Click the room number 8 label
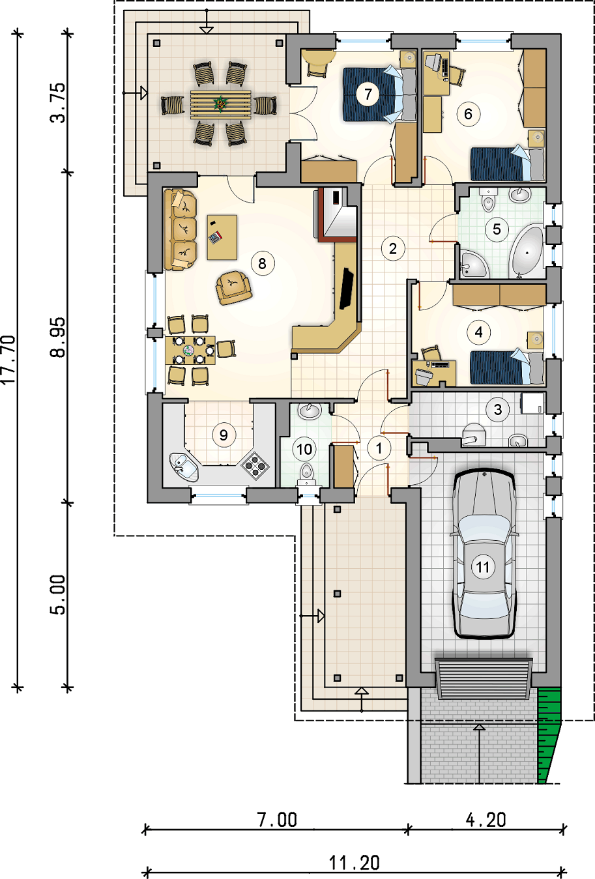262,263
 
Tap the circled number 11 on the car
483,567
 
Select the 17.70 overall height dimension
8,360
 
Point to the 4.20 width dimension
486,820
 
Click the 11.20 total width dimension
355,863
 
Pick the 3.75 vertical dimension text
58,103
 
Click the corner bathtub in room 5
527,250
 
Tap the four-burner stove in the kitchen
255,465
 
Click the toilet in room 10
306,474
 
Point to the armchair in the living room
233,287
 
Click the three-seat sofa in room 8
180,229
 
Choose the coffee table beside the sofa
222,237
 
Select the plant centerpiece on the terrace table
220,104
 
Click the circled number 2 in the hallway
393,248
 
